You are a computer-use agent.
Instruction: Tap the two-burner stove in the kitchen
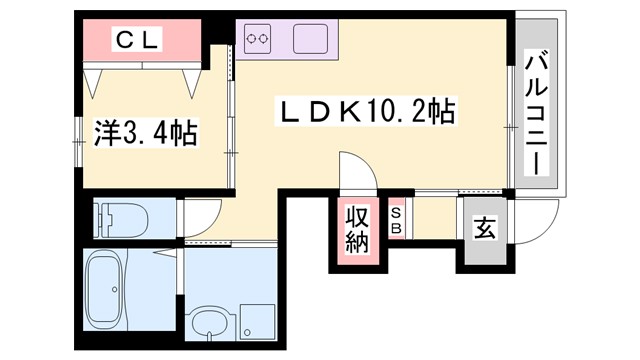click(x=258, y=39)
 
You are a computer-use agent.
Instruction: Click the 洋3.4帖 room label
click(x=146, y=131)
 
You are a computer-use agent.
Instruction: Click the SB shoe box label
click(x=397, y=221)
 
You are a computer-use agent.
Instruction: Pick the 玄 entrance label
click(x=484, y=229)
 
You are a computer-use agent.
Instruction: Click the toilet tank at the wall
click(x=101, y=216)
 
